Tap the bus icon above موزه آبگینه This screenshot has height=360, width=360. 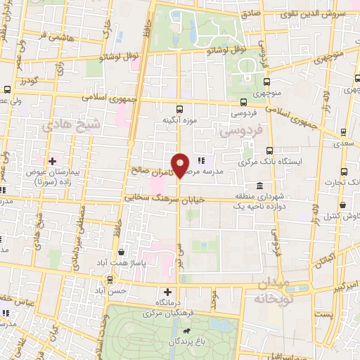tap(180, 109)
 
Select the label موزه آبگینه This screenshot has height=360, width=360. tap(180, 121)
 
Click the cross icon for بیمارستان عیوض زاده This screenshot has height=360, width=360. tap(53, 161)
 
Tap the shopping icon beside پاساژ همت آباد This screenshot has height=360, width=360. tap(122, 251)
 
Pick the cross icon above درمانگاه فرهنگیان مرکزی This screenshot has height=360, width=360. tap(167, 292)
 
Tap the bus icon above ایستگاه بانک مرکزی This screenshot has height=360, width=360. tap(270, 150)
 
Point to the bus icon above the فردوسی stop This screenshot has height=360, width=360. tap(244, 101)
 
